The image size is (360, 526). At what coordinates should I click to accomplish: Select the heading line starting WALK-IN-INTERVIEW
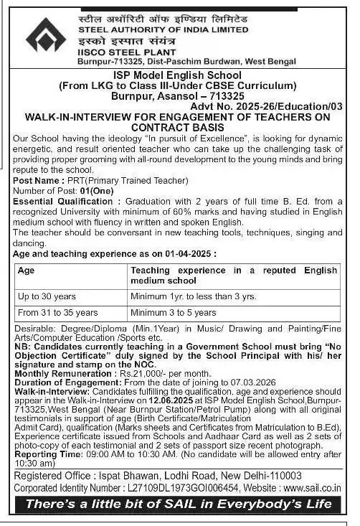click(179, 117)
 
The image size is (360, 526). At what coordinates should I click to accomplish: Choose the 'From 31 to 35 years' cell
click(57, 313)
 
